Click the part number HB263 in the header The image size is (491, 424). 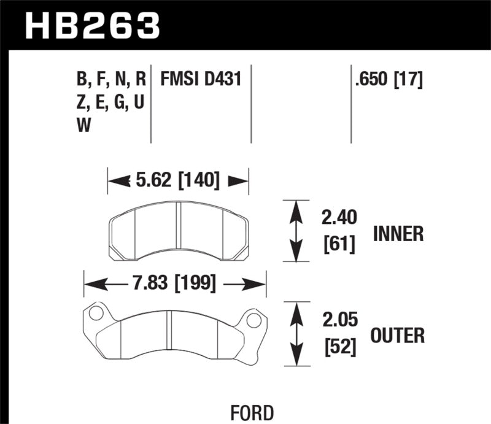[x=92, y=26]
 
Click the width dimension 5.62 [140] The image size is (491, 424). [x=178, y=180]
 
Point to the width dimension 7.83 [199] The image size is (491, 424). [x=176, y=283]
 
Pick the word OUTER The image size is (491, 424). [x=398, y=336]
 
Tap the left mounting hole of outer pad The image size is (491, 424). [x=95, y=314]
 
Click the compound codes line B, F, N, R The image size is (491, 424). [x=110, y=80]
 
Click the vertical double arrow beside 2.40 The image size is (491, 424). [x=296, y=231]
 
